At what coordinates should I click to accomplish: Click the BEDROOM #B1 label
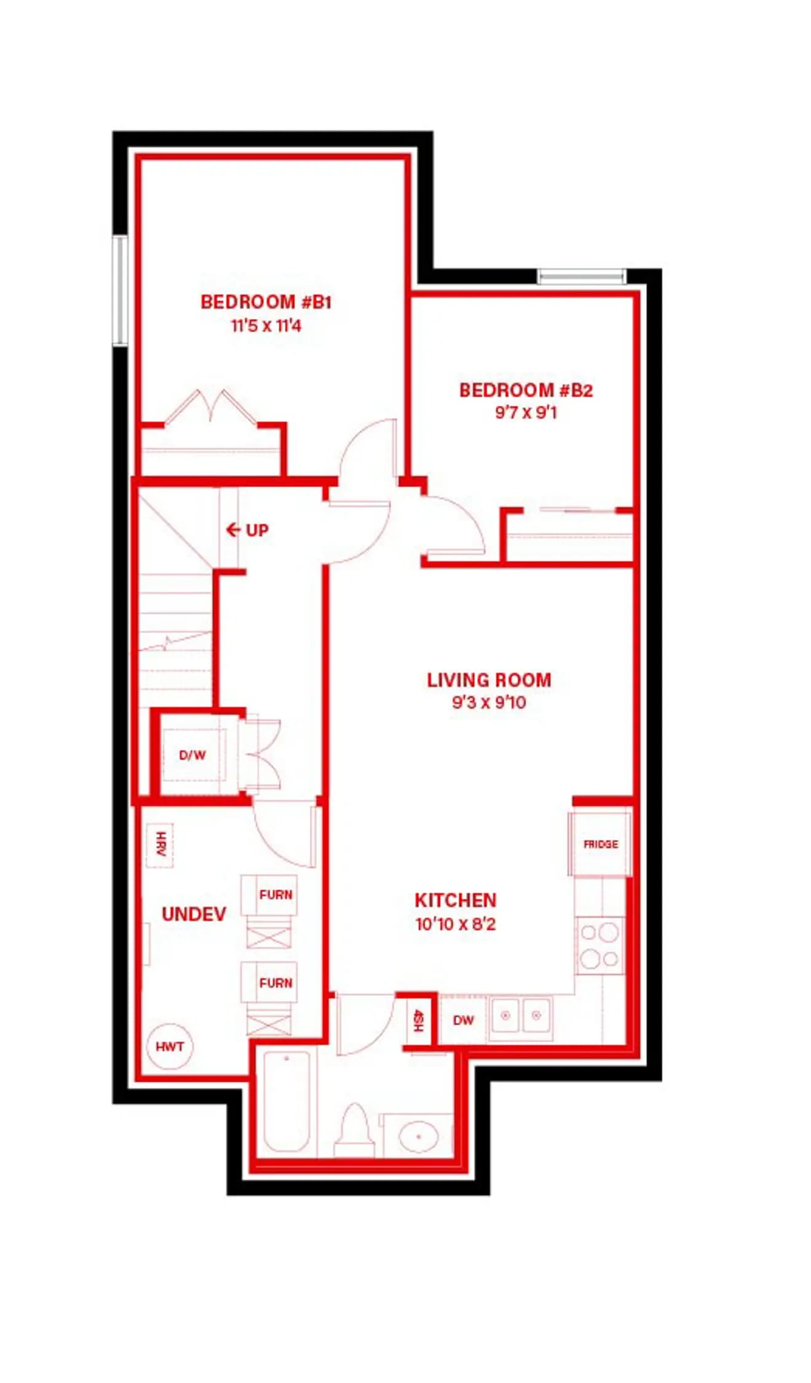pos(266,302)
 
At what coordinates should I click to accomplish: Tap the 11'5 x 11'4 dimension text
pos(266,326)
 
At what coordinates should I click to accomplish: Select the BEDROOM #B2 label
pos(526,390)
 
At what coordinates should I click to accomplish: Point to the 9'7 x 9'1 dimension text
pos(526,412)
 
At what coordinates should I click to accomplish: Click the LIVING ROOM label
pos(489,680)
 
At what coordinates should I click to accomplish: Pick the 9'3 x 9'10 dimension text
pos(489,702)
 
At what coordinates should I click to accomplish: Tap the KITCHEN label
pos(455,900)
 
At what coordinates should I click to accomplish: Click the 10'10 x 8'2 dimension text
pos(455,924)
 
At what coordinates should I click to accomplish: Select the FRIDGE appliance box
pos(600,844)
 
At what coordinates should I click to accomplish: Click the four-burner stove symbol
pos(600,945)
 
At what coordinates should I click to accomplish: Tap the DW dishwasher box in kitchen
pos(464,1020)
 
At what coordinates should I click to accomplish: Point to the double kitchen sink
pos(520,1019)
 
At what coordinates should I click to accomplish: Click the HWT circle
pos(170,1047)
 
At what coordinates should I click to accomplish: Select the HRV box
pos(160,845)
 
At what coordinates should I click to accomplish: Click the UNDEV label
pos(194,914)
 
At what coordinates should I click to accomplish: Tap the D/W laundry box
pos(192,755)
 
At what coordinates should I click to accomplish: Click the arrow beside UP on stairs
pos(233,529)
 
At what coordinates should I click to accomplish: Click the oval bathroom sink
pos(419,1136)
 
